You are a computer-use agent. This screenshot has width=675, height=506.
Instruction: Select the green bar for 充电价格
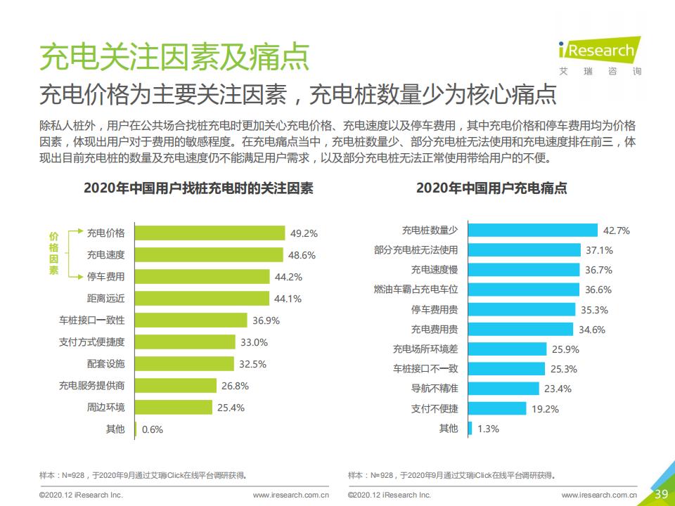coord(210,233)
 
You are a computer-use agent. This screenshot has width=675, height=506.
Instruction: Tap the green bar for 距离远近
coord(202,298)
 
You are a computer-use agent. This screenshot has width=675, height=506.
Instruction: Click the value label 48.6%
coord(302,255)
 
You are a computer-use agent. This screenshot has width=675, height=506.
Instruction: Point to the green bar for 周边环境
coord(173,407)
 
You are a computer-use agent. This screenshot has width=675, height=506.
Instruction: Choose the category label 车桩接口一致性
coord(91,320)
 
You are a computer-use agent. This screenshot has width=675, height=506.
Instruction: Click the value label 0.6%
coord(153,429)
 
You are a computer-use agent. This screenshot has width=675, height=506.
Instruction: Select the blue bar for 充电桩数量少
coord(532,231)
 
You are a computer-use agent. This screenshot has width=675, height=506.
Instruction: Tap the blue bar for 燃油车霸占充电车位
coord(523,290)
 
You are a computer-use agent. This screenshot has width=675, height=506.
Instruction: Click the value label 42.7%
coord(617,231)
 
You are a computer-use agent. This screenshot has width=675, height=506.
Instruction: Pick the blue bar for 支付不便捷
coord(497,408)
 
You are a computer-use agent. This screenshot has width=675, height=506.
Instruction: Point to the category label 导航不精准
coord(435,388)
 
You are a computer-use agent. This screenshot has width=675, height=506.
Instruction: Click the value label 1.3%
coord(488,429)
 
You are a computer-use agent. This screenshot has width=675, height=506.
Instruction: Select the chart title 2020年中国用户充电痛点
coord(491,188)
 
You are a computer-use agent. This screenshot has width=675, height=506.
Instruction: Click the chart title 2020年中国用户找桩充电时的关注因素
coord(198,188)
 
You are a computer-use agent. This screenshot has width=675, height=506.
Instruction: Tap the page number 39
coord(661,494)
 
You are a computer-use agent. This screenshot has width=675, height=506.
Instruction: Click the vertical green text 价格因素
coord(53,254)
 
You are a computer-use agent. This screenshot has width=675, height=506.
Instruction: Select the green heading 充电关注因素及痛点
coord(174,56)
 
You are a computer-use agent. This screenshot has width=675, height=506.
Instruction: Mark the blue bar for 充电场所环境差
coord(507,349)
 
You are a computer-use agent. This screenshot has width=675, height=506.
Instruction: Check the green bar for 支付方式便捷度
coord(185,342)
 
